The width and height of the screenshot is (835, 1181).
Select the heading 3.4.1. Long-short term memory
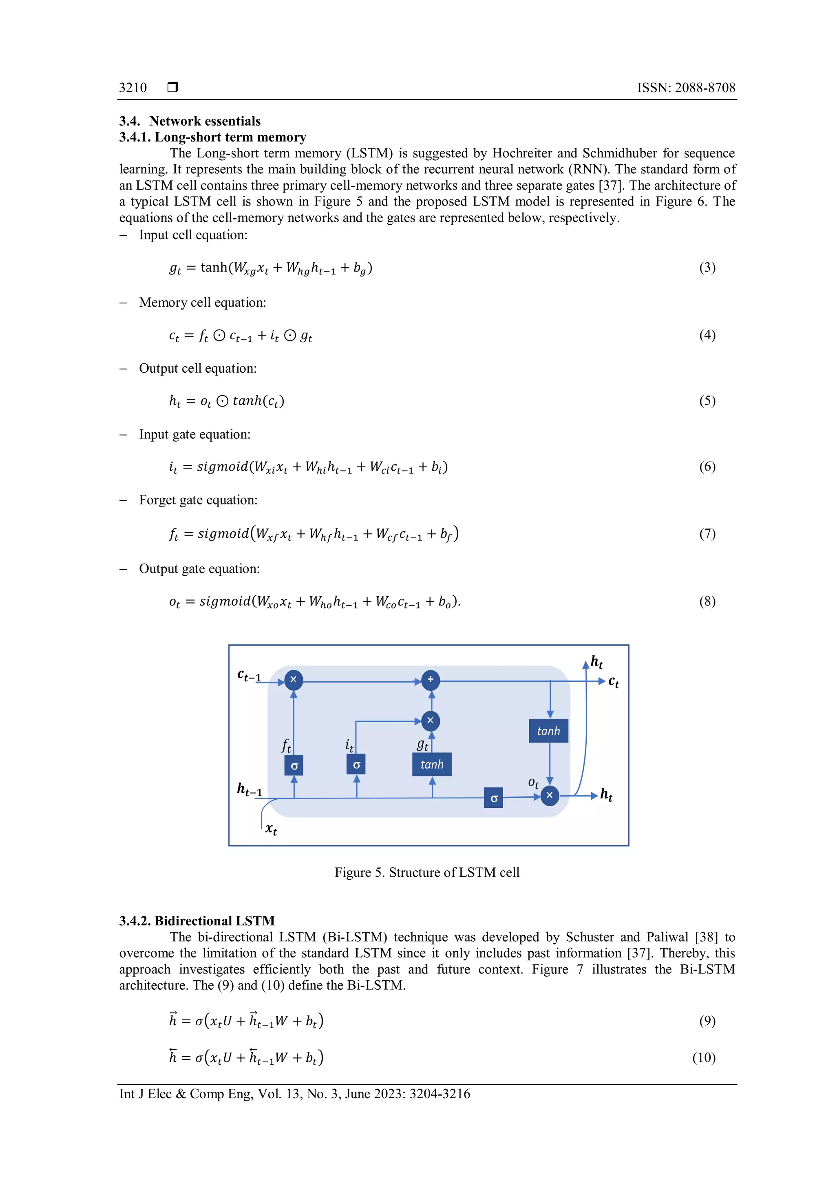[212, 137]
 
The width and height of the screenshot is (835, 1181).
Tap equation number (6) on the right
[707, 467]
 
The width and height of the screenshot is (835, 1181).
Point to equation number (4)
[707, 335]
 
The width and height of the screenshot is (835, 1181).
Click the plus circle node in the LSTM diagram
[431, 679]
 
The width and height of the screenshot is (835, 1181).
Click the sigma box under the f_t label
[294, 765]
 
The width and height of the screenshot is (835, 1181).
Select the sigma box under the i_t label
[356, 765]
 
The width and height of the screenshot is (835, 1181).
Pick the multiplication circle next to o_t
[549, 795]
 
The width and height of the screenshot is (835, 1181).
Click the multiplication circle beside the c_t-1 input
[294, 679]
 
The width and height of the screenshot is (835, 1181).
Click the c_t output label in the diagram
[613, 682]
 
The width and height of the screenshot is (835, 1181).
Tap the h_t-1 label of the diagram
[250, 789]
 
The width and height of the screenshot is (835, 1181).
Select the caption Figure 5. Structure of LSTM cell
[427, 872]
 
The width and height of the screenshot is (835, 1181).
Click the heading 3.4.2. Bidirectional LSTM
[197, 921]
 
